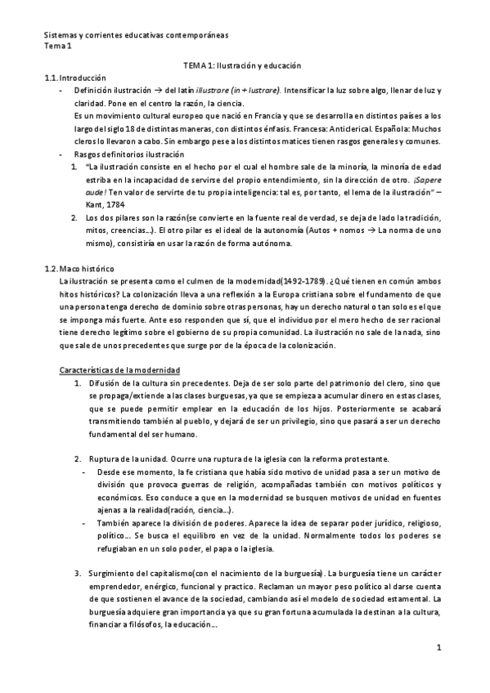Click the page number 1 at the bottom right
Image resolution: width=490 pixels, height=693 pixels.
pyautogui.click(x=439, y=648)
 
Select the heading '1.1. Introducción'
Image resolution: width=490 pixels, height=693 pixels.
pyautogui.click(x=75, y=77)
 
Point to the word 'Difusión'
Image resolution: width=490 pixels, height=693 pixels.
pyautogui.click(x=106, y=383)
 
